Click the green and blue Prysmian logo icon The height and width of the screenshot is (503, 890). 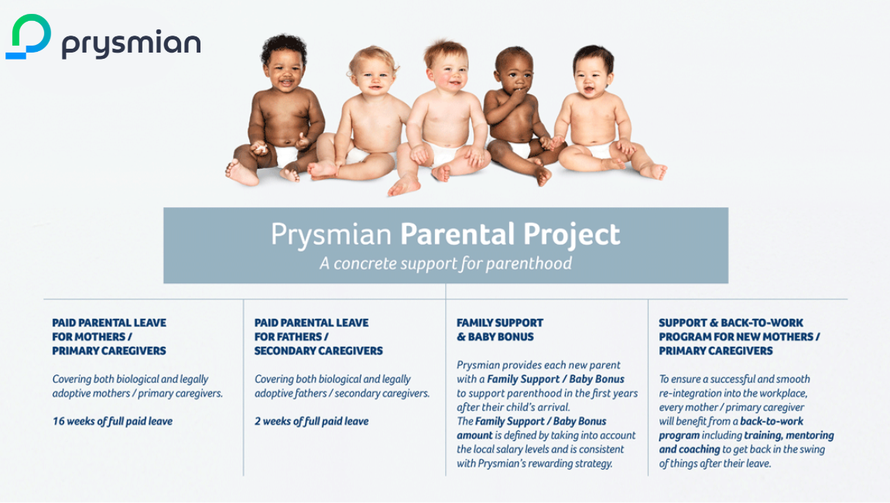point(28,36)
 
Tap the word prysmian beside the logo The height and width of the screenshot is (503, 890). point(131,43)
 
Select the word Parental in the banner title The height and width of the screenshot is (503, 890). point(457,234)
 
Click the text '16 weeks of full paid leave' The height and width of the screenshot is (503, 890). point(112,421)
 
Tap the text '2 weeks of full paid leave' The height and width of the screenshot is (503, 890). point(312,421)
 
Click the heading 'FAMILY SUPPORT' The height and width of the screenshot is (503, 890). point(500,323)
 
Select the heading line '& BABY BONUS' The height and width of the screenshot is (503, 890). point(495,337)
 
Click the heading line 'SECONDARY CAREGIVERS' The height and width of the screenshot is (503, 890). point(318,351)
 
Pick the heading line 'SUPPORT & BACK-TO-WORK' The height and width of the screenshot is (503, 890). point(731,323)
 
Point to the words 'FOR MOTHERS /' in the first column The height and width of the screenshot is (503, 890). point(92,337)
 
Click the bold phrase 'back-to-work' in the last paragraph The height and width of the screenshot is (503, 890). point(772,421)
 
